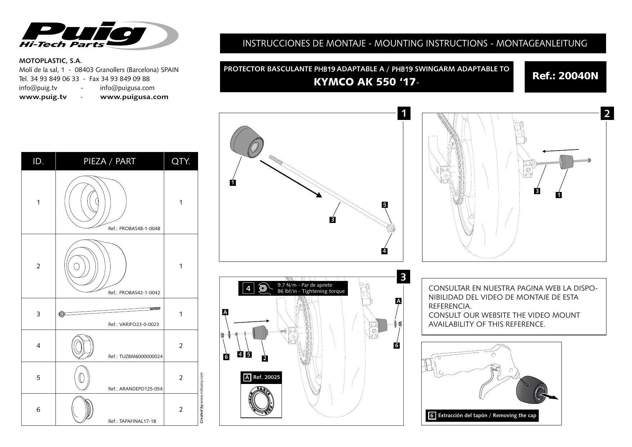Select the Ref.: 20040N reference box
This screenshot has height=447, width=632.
pyautogui.click(x=565, y=77)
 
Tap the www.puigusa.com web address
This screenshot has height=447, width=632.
pyautogui.click(x=134, y=97)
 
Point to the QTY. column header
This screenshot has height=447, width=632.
pyautogui.click(x=181, y=161)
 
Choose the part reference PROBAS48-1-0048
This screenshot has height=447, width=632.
pyautogui.click(x=134, y=229)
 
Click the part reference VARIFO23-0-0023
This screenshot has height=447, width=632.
pyautogui.click(x=133, y=325)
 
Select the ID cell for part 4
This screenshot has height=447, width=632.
pyautogui.click(x=38, y=346)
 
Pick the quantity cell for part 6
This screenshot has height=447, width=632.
pyautogui.click(x=181, y=410)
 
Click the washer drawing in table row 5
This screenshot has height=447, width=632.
pyautogui.click(x=81, y=377)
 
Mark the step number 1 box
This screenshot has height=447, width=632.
pyautogui.click(x=404, y=113)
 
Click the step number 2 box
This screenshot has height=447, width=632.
pyautogui.click(x=607, y=113)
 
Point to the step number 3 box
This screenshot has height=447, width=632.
pyautogui.click(x=403, y=277)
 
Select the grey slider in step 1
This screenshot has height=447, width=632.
pyautogui.click(x=246, y=143)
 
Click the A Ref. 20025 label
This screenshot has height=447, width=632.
pyautogui.click(x=261, y=377)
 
